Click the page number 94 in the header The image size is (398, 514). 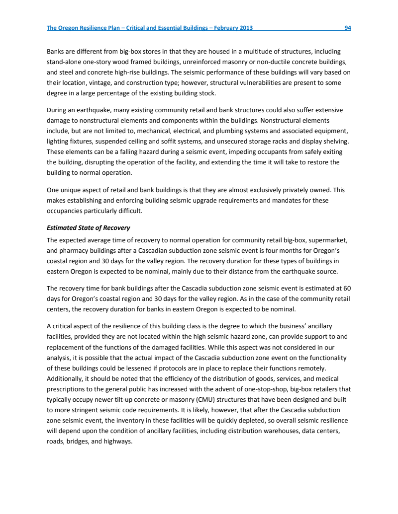point(348,28)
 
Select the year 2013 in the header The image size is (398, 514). point(244,28)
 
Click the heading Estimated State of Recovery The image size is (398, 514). point(88,228)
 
